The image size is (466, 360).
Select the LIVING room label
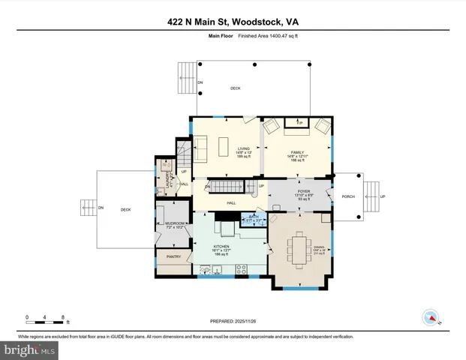click(243, 148)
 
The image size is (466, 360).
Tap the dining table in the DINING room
click(299, 248)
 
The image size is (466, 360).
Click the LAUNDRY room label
click(167, 180)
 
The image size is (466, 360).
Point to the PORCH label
click(347, 197)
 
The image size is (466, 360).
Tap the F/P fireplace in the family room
click(299, 121)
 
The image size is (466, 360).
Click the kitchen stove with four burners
click(242, 268)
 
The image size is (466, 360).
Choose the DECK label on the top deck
click(235, 89)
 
